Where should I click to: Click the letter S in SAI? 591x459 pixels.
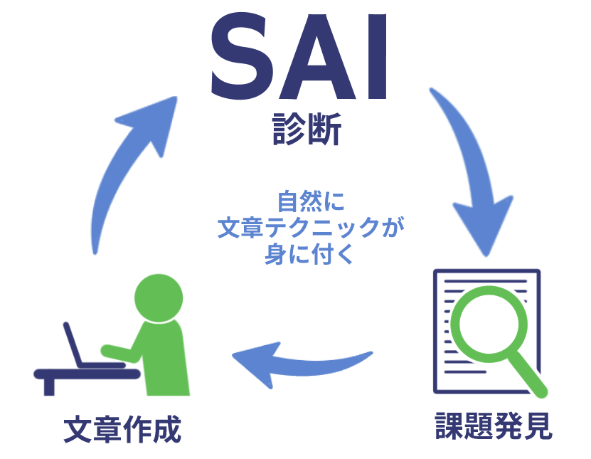coord(242,56)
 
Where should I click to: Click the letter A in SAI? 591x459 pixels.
coord(317,56)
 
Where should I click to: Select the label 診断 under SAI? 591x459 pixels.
coord(307,129)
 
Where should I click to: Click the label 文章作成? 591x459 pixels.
coord(122,429)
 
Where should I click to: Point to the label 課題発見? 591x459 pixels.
coord(494,426)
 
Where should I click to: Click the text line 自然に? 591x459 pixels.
coord(311,201)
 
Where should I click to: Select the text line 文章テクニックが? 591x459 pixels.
coord(311,228)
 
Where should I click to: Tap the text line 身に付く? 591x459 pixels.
coord(309,253)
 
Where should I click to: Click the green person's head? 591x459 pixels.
coord(159,298)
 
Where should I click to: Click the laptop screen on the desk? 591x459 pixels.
coord(73,344)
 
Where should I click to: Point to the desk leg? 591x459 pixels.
coord(49,387)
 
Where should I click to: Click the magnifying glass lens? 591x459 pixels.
coord(489,324)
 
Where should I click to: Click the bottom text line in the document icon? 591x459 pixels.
coord(465,372)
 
